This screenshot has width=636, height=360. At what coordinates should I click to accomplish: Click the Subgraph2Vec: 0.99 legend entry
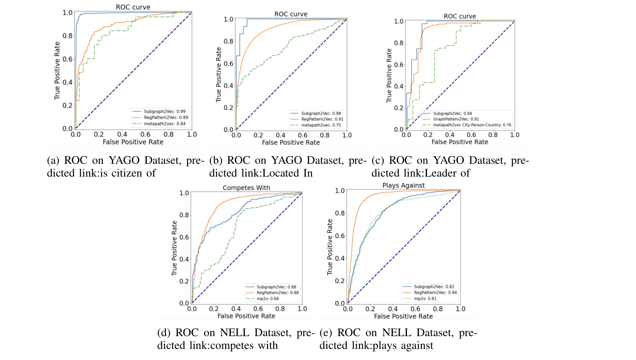tap(164, 111)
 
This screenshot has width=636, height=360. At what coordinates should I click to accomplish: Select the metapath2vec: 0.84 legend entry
tap(164, 124)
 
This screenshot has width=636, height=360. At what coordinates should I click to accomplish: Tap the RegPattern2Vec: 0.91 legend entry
tap(322, 119)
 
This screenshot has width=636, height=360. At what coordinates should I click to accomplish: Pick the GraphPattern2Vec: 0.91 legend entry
tap(456, 119)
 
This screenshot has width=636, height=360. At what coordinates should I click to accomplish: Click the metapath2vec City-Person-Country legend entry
tap(472, 125)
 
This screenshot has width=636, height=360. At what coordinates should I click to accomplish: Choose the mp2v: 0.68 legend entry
tap(267, 299)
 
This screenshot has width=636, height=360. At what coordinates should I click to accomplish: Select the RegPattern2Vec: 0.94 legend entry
tap(435, 293)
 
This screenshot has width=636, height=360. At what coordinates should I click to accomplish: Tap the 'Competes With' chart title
tap(246, 188)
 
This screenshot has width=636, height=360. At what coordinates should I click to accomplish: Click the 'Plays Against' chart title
tap(404, 186)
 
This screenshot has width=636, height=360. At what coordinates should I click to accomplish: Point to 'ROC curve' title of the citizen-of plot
tap(133, 7)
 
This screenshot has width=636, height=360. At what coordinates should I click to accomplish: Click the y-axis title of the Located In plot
tap(218, 75)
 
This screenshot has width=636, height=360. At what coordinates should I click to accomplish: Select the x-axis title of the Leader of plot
tap(459, 142)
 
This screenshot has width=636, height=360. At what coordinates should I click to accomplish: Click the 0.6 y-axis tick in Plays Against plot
tap(340, 236)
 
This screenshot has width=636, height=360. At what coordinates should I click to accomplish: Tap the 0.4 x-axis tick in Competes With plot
tap(236, 309)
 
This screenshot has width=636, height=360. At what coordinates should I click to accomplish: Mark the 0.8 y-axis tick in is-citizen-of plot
tap(67, 36)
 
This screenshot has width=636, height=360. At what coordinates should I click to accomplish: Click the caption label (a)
tap(53, 160)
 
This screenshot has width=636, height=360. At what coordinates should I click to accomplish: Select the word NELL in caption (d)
tap(235, 333)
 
